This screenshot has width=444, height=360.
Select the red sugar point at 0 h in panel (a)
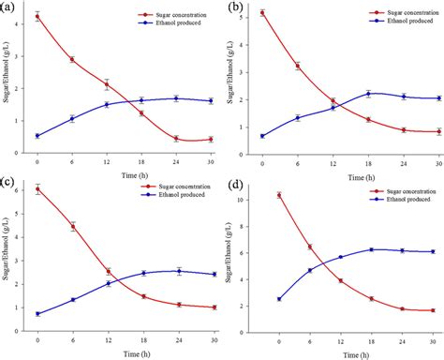(x=37, y=17)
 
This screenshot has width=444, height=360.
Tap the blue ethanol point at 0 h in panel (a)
(x=37, y=136)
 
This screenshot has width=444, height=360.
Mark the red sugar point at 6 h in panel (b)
(x=298, y=66)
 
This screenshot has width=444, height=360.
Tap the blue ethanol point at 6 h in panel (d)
(x=310, y=270)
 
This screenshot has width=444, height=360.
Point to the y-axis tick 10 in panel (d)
(x=263, y=200)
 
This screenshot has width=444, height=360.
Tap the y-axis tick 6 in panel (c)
(x=24, y=190)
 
